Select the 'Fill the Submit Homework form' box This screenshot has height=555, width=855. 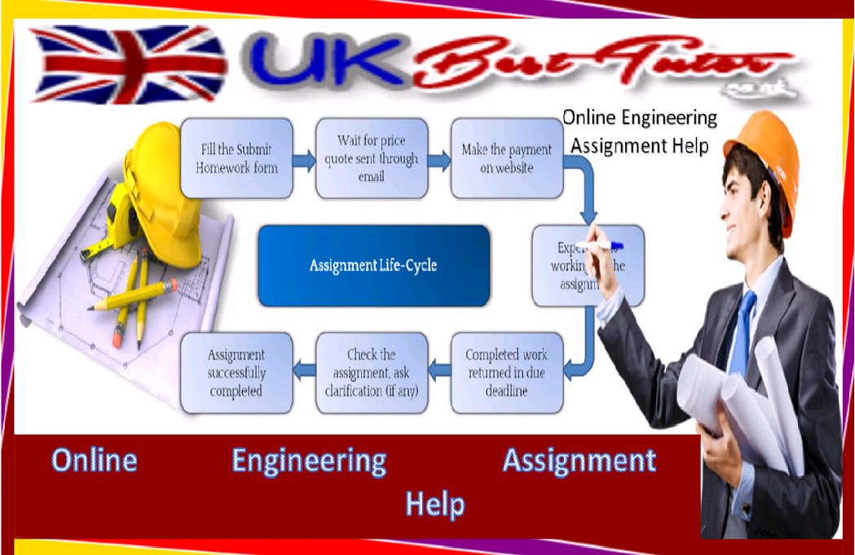(236, 158)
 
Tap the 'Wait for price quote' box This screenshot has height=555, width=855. (371, 158)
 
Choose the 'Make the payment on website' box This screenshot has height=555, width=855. (506, 158)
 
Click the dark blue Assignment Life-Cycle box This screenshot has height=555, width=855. (373, 266)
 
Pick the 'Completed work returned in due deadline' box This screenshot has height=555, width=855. (506, 372)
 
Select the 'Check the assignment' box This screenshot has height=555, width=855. (371, 372)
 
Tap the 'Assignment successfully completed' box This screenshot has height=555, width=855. (236, 372)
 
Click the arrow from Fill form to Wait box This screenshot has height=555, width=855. (304, 160)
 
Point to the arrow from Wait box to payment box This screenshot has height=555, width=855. (439, 160)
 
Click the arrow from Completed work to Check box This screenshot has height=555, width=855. (439, 372)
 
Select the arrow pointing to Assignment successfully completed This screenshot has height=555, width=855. (304, 372)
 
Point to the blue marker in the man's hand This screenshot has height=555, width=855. (608, 244)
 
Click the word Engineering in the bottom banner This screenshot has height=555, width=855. (309, 461)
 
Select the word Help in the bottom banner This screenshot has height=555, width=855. (435, 504)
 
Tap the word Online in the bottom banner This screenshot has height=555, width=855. (94, 461)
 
